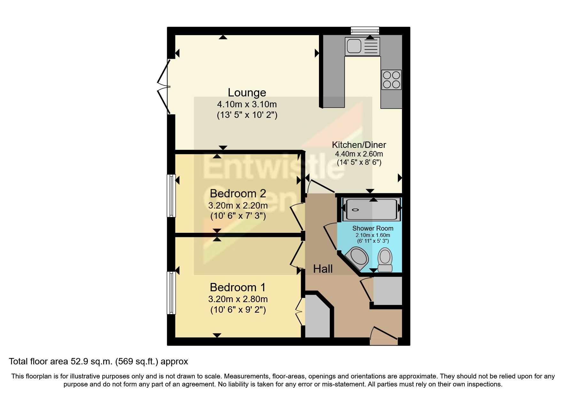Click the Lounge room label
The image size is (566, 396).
[247, 93]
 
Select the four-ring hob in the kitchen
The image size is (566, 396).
[392, 80]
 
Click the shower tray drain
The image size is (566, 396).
[355, 210]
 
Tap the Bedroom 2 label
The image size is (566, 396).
[238, 194]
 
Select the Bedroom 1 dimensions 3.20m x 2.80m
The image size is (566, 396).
[238, 299]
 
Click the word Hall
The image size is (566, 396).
[323, 269]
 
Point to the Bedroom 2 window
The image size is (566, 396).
[171, 195]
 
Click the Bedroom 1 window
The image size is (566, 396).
[171, 293]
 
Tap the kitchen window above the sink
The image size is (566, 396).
[365, 31]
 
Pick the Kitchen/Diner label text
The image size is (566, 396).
[359, 145]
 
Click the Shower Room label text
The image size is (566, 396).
[373, 228]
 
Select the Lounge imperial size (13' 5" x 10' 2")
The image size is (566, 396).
[247, 115]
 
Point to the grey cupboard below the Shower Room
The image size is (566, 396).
[387, 291]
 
